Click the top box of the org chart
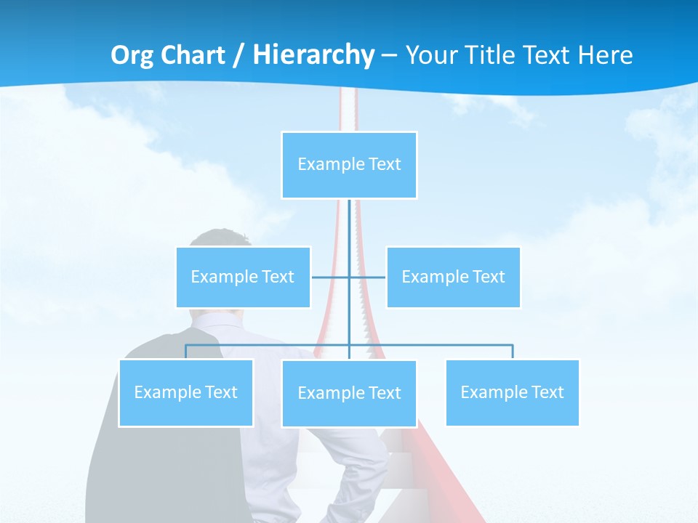pos(349,165)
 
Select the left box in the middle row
pos(243,277)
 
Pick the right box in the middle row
pos(453,277)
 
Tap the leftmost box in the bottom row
pos(185,392)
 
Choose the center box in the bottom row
pos(349,393)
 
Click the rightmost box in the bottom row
pos(512,392)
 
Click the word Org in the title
pos(132,55)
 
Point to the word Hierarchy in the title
pos(313,55)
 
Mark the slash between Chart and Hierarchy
pos(238,55)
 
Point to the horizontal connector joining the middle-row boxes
pos(331,277)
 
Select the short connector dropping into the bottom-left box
pos(185,352)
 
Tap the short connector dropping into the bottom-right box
pos(513,352)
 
